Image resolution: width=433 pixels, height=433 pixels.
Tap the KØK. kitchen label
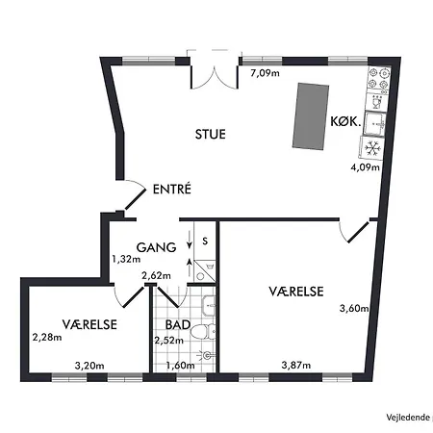click(344, 122)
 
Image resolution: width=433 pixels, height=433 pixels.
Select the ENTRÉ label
click(172, 190)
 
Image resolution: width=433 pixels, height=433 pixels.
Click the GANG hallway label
click(156, 247)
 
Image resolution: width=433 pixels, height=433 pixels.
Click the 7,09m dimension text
click(266, 72)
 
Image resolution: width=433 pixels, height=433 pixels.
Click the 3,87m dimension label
click(294, 365)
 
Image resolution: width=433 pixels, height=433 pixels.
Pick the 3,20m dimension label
click(89, 365)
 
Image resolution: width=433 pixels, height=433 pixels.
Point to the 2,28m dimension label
click(45, 337)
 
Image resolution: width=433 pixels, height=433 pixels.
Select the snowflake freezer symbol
click(372, 147)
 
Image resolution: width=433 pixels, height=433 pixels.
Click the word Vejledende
click(405, 416)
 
